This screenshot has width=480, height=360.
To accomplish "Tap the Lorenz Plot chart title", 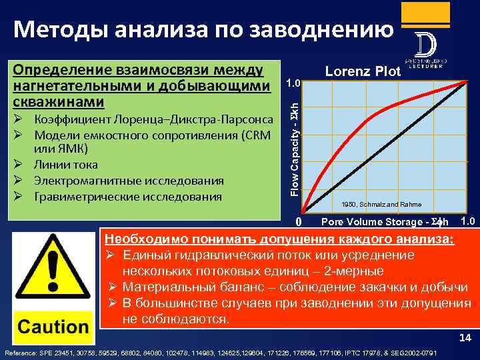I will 362,71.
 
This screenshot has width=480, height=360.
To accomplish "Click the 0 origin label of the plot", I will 299,221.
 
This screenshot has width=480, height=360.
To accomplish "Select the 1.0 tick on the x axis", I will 468,221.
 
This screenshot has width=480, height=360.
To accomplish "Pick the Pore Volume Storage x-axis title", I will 385,221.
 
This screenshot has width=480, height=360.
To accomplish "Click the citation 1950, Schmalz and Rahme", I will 381,204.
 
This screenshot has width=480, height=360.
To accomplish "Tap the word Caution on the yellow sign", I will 53,327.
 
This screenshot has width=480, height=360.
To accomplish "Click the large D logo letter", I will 425,46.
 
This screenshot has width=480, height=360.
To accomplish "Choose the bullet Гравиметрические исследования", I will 127,197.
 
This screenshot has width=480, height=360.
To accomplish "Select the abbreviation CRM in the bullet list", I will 251,135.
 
